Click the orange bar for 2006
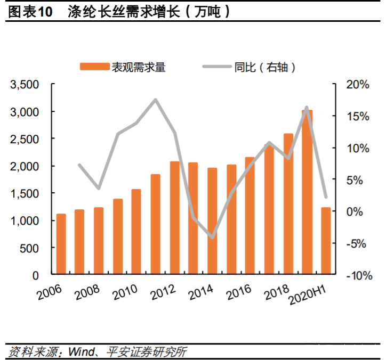click(x=61, y=244)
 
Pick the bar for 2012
click(x=175, y=218)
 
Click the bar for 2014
click(x=212, y=222)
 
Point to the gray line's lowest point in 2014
click(x=212, y=238)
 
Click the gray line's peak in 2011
click(x=155, y=100)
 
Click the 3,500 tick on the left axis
click(x=26, y=85)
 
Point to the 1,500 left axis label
click(x=26, y=193)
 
